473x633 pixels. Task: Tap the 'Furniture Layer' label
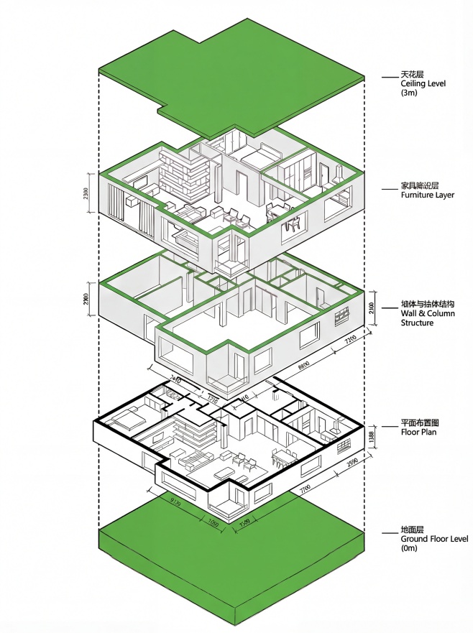click(427, 195)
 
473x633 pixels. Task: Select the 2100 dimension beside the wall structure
click(372, 308)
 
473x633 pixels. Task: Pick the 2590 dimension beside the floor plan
click(352, 465)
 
